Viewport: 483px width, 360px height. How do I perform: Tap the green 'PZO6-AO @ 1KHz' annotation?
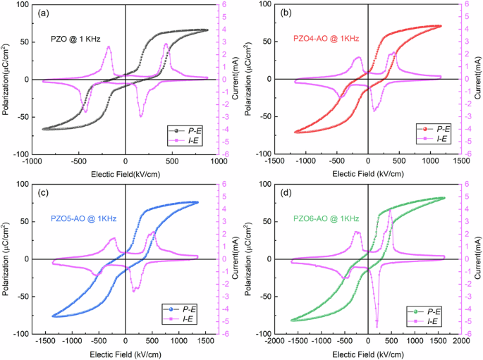click(324, 219)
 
